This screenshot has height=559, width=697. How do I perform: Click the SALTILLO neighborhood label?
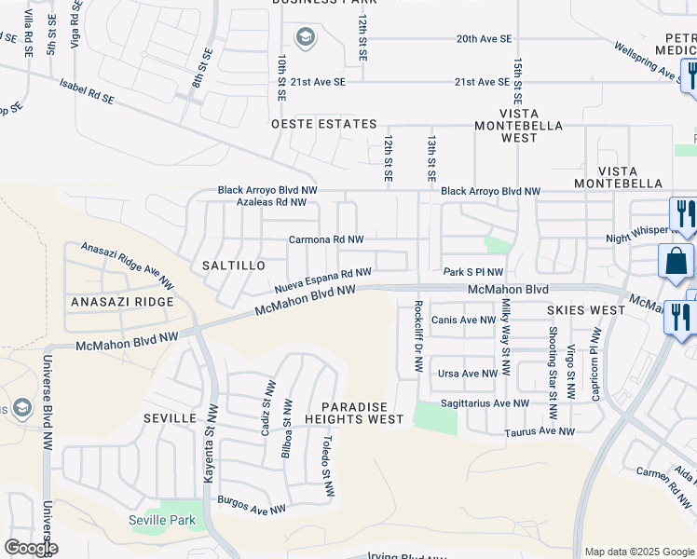tap(227, 266)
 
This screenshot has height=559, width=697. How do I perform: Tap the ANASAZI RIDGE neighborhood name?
tap(123, 302)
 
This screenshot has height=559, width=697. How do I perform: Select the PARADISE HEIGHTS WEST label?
tap(363, 414)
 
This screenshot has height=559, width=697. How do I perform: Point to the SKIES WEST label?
tap(586, 309)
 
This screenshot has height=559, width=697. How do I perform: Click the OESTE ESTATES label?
tap(323, 124)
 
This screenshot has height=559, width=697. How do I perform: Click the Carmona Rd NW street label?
tap(325, 239)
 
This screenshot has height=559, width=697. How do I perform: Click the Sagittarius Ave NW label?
tap(484, 403)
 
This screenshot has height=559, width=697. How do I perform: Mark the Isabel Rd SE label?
tap(87, 97)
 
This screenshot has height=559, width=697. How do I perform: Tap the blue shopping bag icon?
tap(676, 262)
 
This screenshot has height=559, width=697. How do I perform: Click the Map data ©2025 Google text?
tap(638, 552)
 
